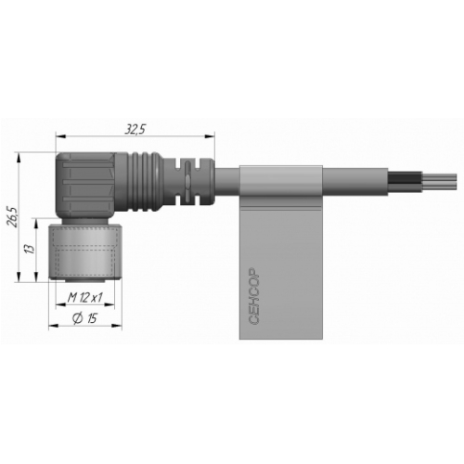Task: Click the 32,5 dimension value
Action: tap(135, 130)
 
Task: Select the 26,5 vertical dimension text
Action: tap(14, 216)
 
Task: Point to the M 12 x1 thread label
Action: tap(84, 298)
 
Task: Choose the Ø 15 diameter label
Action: tap(84, 318)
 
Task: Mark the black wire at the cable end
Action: tap(405, 179)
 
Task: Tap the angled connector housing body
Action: tap(86, 186)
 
